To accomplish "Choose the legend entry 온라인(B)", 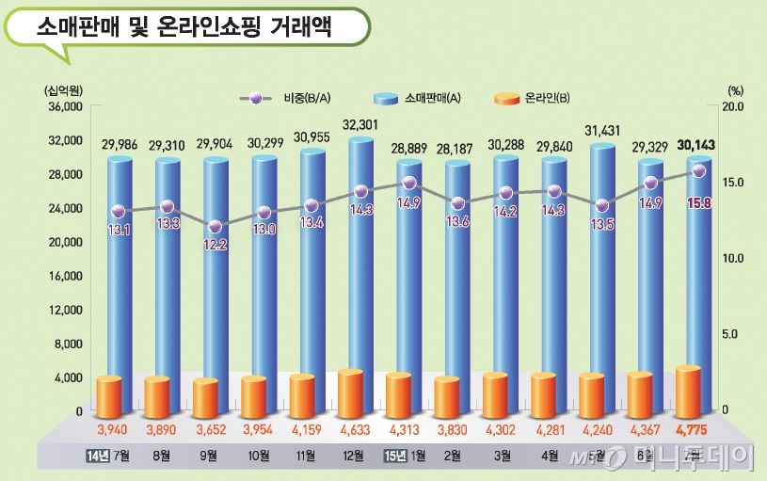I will [543, 98].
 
